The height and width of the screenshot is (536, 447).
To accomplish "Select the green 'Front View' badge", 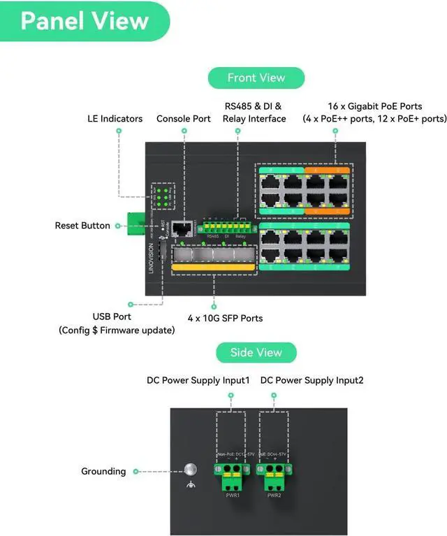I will pos(256,78).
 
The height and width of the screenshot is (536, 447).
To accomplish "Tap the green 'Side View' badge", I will pos(256,352).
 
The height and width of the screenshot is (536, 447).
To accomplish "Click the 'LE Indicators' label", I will pos(115,119).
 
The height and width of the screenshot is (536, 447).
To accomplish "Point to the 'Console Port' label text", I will pos(184,119).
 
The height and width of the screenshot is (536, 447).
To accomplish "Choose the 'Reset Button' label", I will pos(82,226).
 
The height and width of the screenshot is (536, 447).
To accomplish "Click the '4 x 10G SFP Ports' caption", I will pos(225,318).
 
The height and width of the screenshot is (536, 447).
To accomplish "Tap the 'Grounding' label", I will pos(103,471).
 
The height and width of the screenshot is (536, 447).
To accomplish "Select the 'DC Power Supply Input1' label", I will pos(198,380).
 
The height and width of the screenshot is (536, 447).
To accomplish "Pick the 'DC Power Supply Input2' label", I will pos(312,380).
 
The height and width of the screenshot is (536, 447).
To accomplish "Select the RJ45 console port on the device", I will pos(183,228).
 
